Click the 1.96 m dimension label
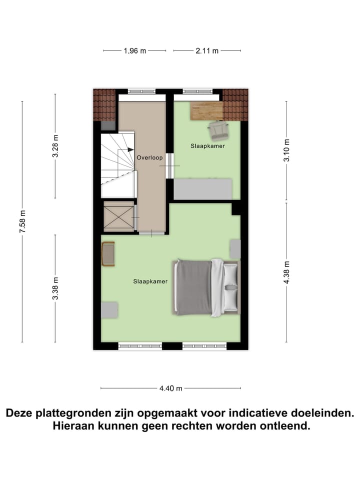coord(134,50)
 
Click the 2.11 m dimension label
coord(207,50)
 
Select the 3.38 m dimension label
coord(55,288)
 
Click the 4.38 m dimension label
coord(286,272)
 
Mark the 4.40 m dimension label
coord(170,388)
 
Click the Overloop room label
coord(150,157)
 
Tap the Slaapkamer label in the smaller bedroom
coord(207,146)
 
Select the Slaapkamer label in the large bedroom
coord(150,281)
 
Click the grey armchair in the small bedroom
coord(218,130)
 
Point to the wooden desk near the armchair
coord(206,110)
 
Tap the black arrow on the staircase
coord(130,149)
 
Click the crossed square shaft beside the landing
coord(118,216)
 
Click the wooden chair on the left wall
coord(108,253)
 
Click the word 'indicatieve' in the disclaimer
coord(256,413)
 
